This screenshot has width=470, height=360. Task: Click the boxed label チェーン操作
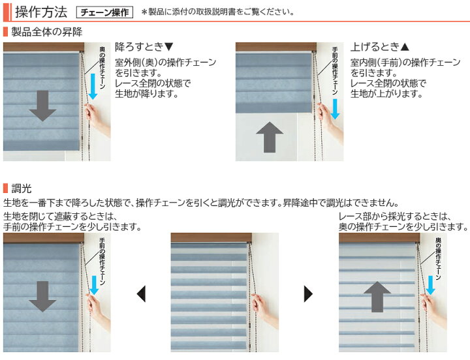pos(104,12)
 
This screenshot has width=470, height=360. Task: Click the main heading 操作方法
pos(41,12)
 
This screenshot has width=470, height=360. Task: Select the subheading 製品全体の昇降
pos(47,32)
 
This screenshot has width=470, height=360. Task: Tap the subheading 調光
pos(22,188)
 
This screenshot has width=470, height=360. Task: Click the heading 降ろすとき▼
pos(144,47)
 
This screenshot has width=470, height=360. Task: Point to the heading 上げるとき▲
pos(380,47)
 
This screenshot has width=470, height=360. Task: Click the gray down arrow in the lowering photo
pos(42,106)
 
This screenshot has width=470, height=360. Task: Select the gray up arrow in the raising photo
pos(270,137)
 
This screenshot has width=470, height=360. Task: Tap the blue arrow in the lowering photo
pos(93,87)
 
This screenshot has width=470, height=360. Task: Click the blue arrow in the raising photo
pos(335,109)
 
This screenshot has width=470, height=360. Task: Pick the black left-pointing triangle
pos(141,293)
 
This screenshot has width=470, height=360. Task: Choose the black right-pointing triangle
pos(308,293)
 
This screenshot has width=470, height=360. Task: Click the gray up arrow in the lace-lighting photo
pos(377,297)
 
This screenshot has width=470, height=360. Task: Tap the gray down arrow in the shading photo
pos(42,297)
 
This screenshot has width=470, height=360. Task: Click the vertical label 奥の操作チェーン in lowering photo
pos(102,67)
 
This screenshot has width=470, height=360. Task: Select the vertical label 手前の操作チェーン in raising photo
pos(335,71)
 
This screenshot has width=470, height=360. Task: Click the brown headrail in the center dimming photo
pos(211,238)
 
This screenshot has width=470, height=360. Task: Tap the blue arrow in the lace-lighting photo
pos(431,285)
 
